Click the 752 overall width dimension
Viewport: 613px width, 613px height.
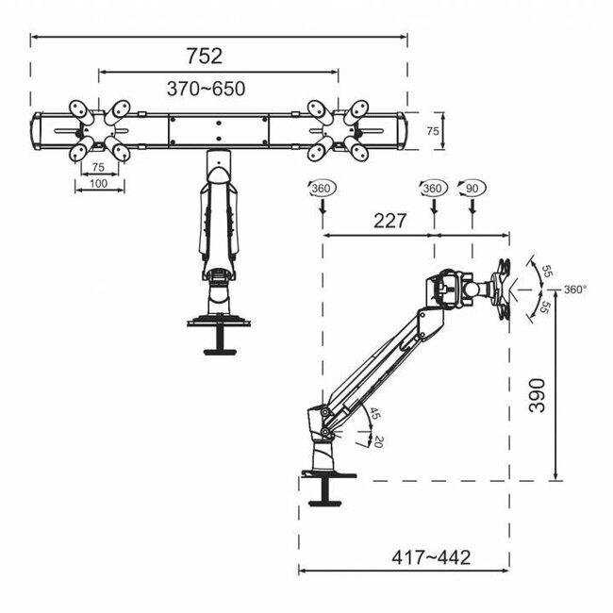204,56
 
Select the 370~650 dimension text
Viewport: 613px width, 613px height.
206,89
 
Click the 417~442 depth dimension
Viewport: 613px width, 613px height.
431,557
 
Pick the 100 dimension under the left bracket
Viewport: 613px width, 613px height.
99,183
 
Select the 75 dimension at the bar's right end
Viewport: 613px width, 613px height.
432,132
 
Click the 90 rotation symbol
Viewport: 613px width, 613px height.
470,189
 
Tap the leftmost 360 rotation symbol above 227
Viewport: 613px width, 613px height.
320,189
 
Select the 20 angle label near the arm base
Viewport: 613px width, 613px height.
378,440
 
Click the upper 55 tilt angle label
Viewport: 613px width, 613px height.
545,270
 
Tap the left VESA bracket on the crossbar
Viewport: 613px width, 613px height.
98,131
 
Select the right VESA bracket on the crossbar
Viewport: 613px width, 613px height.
337,131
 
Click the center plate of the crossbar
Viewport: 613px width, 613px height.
219,130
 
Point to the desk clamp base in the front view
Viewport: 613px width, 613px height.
218,330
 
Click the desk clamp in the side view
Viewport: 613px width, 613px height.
325,481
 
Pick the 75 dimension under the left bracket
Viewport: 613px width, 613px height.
98,167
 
